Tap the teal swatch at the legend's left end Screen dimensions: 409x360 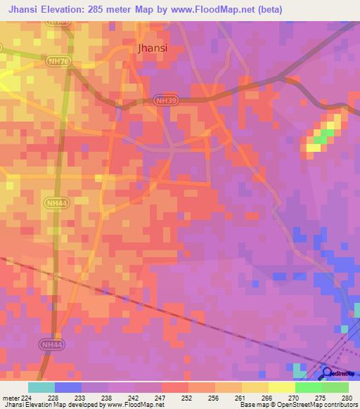coord(41,387)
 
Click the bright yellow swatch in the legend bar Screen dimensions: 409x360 coord(281,387)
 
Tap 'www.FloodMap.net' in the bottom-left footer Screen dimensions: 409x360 coord(136,405)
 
